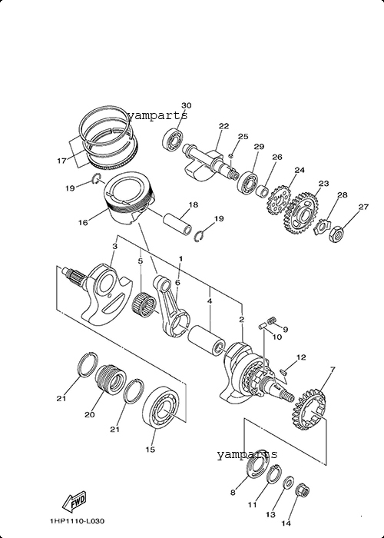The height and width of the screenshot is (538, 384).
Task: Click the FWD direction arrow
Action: click(74, 503)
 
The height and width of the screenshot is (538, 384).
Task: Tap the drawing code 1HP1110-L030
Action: click(77, 522)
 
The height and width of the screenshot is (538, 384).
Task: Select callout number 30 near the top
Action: click(186, 105)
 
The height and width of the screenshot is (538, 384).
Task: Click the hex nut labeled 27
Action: click(336, 234)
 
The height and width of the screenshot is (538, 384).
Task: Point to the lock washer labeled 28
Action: click(322, 227)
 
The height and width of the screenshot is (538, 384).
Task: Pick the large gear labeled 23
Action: click(302, 213)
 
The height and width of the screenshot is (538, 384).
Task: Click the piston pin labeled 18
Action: click(177, 224)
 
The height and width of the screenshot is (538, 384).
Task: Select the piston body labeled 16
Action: click(129, 197)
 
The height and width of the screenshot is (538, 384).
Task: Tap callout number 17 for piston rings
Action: click(61, 161)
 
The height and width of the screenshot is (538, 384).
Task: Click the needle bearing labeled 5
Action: click(144, 304)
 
